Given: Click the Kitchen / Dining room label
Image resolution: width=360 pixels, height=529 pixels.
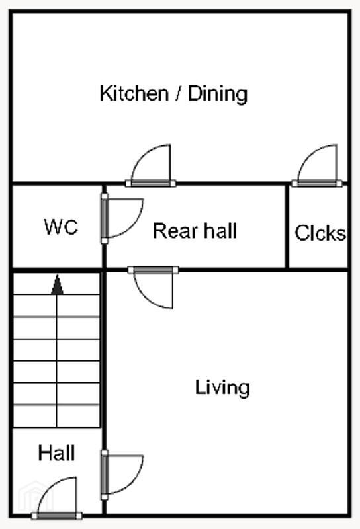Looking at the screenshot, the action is [173, 93].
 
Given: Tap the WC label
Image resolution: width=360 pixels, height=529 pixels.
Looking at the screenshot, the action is [61, 226].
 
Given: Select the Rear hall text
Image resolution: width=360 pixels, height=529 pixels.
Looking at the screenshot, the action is [195, 231].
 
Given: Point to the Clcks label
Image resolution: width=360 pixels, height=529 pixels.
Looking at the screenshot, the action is [320, 233].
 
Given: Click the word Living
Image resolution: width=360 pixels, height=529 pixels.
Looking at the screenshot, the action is [222, 387].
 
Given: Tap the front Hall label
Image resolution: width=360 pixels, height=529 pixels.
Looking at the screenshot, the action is [56, 453].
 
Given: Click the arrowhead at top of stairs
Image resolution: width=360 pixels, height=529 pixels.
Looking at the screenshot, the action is [57, 284].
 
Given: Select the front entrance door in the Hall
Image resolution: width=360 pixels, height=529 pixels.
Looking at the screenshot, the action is [57, 499].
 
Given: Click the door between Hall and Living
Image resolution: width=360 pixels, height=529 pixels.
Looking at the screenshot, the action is [122, 475].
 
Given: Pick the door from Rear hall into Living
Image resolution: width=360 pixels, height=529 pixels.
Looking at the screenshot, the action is [153, 288].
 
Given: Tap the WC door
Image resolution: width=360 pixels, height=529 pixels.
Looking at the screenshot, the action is [122, 218].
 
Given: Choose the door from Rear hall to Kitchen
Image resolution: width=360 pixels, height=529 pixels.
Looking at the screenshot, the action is [151, 166].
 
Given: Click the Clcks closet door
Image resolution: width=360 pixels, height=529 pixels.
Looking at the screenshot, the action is [317, 166].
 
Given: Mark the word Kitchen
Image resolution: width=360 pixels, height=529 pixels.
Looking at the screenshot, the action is [134, 93].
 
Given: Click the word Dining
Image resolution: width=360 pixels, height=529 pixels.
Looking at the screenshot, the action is [218, 94].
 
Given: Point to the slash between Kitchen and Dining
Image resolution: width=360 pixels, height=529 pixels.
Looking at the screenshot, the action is [178, 93].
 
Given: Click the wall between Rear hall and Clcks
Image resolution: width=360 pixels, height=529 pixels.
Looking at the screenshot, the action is [287, 227].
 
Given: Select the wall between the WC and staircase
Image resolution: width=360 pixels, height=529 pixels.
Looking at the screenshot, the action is [57, 270].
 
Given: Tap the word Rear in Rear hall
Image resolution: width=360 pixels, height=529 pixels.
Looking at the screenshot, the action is [175, 231].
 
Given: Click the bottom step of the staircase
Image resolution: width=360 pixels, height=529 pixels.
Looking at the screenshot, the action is [57, 417].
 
